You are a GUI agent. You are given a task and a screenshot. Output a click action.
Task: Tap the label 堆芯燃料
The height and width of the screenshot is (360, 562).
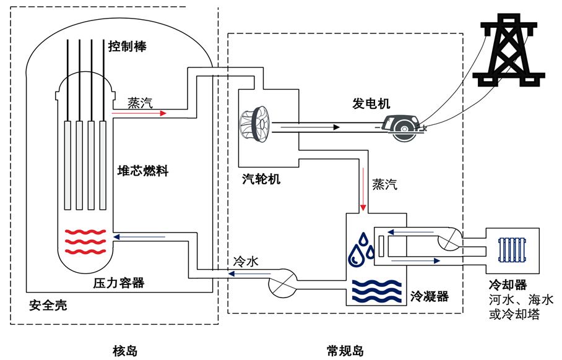[x=143, y=171]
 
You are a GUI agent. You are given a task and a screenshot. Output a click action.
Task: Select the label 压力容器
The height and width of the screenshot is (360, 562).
[x=118, y=283]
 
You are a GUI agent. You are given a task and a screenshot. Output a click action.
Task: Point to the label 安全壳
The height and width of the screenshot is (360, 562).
[x=48, y=306]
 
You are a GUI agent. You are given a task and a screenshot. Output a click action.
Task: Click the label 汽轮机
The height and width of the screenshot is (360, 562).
[x=261, y=179]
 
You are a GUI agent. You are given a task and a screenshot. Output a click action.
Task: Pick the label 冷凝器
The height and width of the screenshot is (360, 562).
[x=429, y=297]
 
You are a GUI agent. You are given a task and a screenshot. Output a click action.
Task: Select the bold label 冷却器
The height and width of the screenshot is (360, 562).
[x=508, y=285]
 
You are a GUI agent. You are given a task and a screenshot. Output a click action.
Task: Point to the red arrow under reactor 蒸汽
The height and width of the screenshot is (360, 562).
[x=139, y=114]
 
